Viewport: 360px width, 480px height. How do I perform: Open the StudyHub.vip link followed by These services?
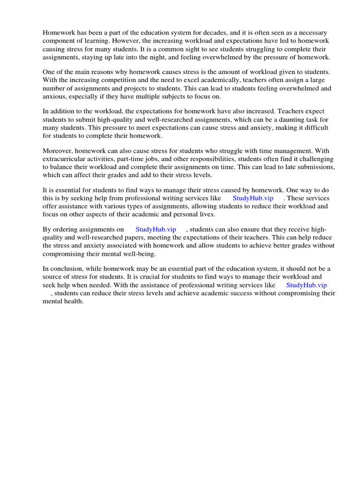coord(253,198)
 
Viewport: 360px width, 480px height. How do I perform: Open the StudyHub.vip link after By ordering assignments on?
coord(156,229)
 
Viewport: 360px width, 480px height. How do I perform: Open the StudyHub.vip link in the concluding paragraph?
coord(306,285)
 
